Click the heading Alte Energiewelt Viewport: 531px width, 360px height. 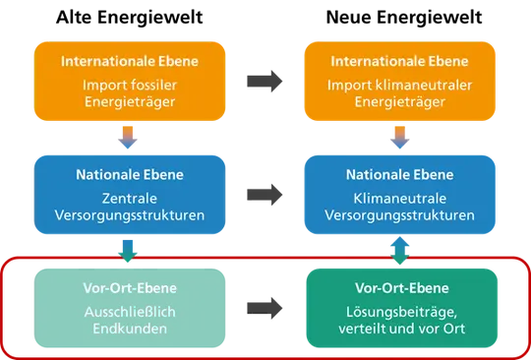[130, 18]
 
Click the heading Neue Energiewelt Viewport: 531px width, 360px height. [404, 18]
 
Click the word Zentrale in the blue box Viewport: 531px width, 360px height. [130, 199]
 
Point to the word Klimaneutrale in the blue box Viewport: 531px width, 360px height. [400, 199]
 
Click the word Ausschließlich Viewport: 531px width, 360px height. [130, 312]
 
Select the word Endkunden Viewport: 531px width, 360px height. [130, 329]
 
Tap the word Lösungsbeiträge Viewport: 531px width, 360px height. [401, 313]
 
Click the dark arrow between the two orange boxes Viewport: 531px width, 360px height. [265, 82]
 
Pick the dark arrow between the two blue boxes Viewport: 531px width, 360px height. [265, 195]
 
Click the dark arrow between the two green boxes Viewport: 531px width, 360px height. [265, 308]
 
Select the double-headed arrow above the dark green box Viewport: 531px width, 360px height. [400, 251]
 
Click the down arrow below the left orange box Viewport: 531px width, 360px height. [128, 138]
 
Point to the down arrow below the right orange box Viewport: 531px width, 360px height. [400, 138]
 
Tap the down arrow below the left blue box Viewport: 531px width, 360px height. [128, 251]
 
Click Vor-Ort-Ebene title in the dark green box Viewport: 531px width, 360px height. [402, 288]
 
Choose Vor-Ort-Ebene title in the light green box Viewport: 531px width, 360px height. [130, 288]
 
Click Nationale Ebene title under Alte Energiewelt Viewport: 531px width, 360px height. [130, 175]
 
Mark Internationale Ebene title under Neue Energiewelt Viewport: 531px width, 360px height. [399, 61]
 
